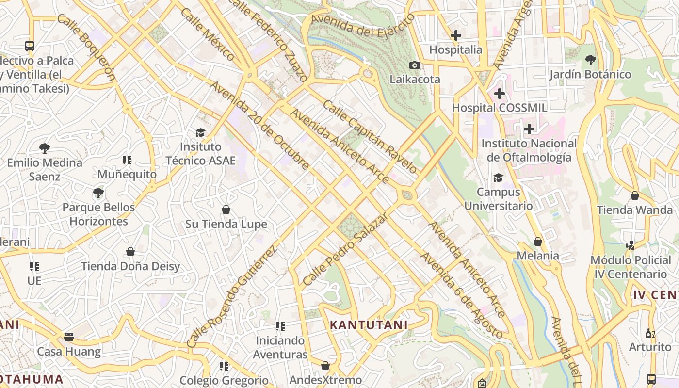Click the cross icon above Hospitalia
pos(455,35)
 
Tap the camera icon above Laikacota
pos(414,65)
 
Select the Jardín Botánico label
pos(590,74)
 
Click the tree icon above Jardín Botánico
pos(590,60)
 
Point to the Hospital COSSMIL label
pos(499,108)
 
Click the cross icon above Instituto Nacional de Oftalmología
pos(529,129)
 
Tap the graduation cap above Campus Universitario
pos(498,178)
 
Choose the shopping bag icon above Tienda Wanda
pos(634,195)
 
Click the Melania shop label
pos(538,256)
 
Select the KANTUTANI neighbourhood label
pos(369,325)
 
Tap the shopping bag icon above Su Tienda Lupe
pos(226,210)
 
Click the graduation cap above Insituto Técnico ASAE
pos(200,132)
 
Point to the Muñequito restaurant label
pos(127,174)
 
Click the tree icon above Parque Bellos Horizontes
pos(98,193)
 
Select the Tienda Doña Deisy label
pos(130,266)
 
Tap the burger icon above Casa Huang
pos(69,337)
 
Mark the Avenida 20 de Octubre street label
pos(260,126)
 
